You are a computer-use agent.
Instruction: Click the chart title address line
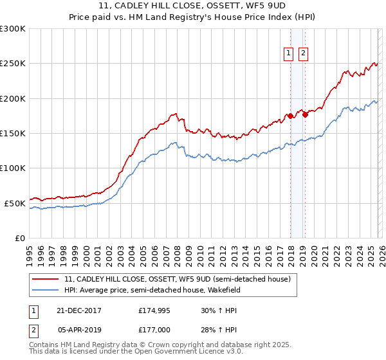[192, 8]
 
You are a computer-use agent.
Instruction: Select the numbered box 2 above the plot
[303, 54]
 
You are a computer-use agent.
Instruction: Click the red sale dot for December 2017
[290, 116]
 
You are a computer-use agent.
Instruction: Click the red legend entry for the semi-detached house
[177, 280]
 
